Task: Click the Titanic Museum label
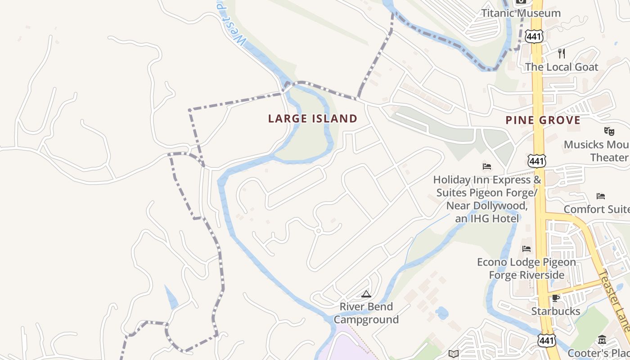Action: point(521,13)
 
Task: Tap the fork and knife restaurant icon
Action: point(561,54)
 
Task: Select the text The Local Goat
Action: point(562,67)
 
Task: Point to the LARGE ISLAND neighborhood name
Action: point(313,119)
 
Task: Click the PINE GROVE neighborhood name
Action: point(543,120)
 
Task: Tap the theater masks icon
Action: point(609,131)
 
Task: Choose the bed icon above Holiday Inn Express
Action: point(486,166)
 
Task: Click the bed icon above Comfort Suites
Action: point(600,196)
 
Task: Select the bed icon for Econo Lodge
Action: point(526,249)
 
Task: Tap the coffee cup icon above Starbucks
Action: point(556,298)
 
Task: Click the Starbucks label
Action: point(556,311)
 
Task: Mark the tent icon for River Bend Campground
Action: point(366,294)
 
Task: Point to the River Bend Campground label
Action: point(366,313)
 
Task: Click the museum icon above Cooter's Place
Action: point(602,340)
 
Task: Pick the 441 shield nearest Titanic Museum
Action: point(534,36)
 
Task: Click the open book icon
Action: point(453,354)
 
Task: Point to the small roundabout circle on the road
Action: point(318,231)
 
